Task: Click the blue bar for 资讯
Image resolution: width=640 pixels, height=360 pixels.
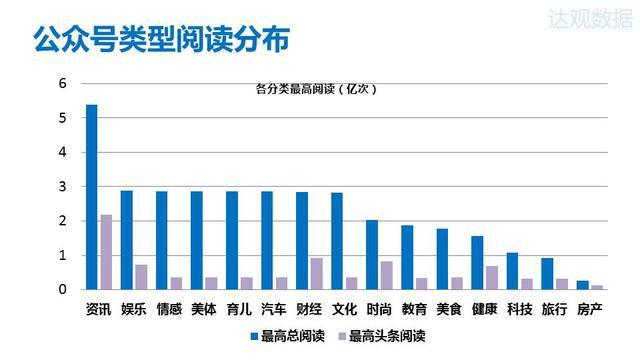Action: click(91, 197)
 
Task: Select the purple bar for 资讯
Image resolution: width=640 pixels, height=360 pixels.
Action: click(106, 252)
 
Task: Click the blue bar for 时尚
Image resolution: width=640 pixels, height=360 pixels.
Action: click(371, 255)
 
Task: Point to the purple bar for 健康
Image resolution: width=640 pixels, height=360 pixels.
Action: click(491, 278)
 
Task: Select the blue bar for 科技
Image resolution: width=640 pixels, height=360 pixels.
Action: click(511, 271)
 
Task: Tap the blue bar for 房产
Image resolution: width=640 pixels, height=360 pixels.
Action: click(582, 285)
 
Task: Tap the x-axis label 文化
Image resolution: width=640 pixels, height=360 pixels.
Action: click(343, 309)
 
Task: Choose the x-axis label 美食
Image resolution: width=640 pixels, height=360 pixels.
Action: click(448, 309)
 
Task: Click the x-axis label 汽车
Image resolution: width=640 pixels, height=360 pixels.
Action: click(273, 309)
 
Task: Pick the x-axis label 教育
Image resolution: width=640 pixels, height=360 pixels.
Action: click(413, 309)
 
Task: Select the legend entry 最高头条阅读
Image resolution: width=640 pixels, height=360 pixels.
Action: click(386, 337)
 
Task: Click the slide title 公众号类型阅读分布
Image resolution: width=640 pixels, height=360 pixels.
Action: click(163, 40)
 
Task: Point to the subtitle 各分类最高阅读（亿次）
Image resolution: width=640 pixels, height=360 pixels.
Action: click(315, 89)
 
